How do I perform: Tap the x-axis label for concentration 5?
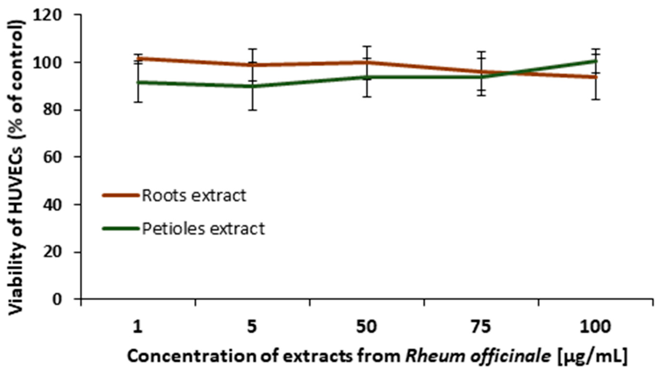pyautogui.click(x=252, y=327)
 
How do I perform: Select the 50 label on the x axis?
pyautogui.click(x=367, y=327)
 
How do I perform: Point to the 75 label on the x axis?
pyautogui.click(x=481, y=327)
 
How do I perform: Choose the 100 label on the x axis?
pyautogui.click(x=595, y=327)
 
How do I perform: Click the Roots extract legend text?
pyautogui.click(x=194, y=196)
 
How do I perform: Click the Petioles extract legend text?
pyautogui.click(x=203, y=229)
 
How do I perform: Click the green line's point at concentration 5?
pyautogui.click(x=252, y=86)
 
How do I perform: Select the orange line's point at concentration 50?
pyautogui.click(x=367, y=62)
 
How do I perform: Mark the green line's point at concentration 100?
pyautogui.click(x=595, y=61)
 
